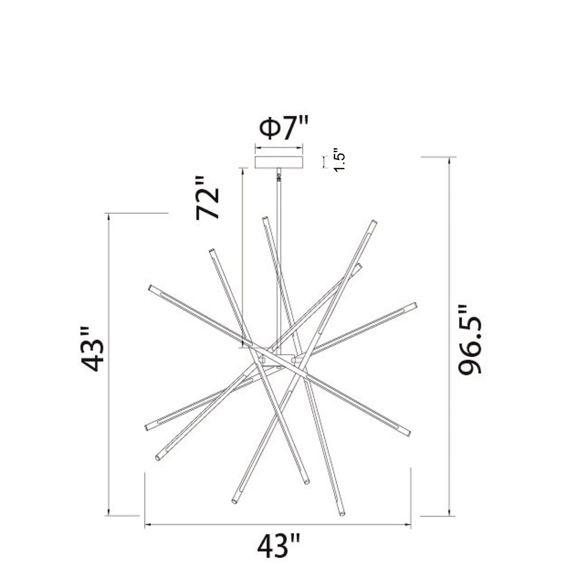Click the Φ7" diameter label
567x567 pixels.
click(283, 128)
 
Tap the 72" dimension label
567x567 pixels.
click(208, 198)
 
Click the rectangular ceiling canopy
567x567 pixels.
click(278, 162)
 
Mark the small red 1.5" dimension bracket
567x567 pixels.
click(324, 162)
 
